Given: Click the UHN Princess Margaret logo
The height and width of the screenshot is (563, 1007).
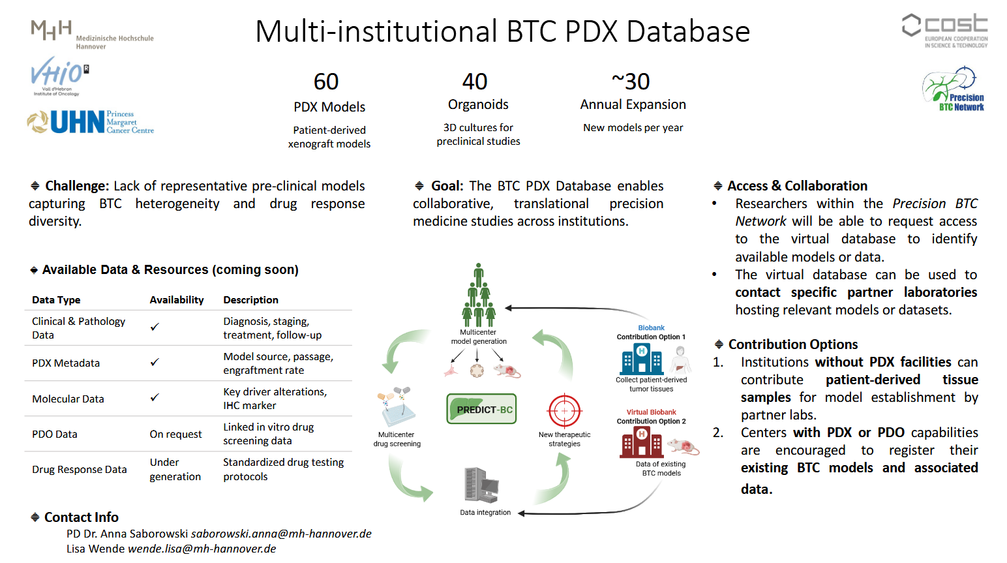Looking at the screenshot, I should point(90,122).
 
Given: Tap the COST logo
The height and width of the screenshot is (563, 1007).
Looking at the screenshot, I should point(944,30).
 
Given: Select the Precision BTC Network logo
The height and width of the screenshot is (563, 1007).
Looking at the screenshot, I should point(954,89).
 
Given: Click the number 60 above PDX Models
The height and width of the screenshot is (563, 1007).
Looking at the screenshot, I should point(326,82).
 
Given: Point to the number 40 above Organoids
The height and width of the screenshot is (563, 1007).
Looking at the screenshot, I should point(475,82).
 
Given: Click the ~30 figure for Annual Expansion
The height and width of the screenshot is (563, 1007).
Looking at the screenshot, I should point(631,82).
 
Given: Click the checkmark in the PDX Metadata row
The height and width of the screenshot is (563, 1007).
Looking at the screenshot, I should point(155,362).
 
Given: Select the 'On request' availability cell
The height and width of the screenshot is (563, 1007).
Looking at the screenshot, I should point(175,434).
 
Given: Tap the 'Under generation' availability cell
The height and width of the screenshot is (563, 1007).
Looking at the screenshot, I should point(175,469).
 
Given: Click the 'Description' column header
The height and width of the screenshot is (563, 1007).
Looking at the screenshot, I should point(250,299).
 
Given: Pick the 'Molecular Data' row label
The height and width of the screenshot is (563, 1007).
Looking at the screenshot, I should point(68,399).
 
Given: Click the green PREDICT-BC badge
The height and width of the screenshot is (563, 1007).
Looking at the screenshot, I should point(481,409).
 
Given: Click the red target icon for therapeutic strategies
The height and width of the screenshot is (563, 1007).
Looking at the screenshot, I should point(564,411).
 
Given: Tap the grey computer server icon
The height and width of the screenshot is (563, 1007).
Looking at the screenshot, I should point(481,485).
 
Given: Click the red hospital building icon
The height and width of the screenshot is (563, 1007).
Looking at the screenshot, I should point(641,442).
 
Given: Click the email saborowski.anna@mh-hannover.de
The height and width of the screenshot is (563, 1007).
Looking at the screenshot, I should point(281,534).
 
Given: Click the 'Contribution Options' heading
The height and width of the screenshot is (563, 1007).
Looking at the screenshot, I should point(792,344).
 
